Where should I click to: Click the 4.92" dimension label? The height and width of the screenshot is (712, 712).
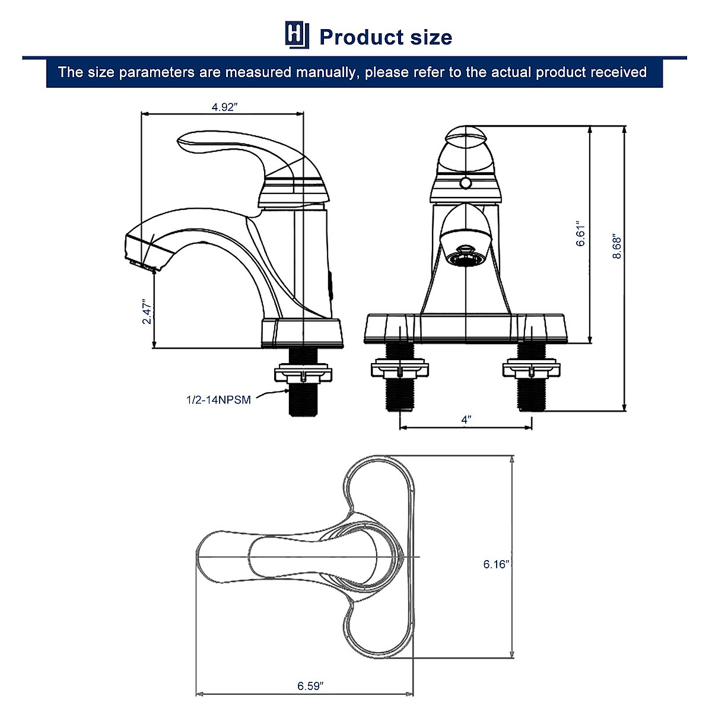[224, 107]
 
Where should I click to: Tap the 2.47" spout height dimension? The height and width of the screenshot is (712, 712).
[147, 311]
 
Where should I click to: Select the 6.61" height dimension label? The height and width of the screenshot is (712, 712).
[581, 234]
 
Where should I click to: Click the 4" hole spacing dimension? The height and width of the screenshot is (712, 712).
[466, 419]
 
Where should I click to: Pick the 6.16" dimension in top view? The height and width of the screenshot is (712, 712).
[496, 564]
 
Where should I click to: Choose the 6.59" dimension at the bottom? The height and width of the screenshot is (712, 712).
[310, 686]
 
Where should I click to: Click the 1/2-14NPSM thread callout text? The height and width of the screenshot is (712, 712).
[218, 400]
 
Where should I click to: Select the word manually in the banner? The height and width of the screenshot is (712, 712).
[328, 72]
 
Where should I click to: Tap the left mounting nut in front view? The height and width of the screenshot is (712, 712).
[399, 370]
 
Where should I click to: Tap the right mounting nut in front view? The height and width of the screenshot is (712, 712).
[532, 370]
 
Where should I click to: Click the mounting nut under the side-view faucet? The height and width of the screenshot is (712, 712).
[303, 374]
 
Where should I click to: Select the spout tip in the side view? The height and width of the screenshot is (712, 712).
[138, 253]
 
